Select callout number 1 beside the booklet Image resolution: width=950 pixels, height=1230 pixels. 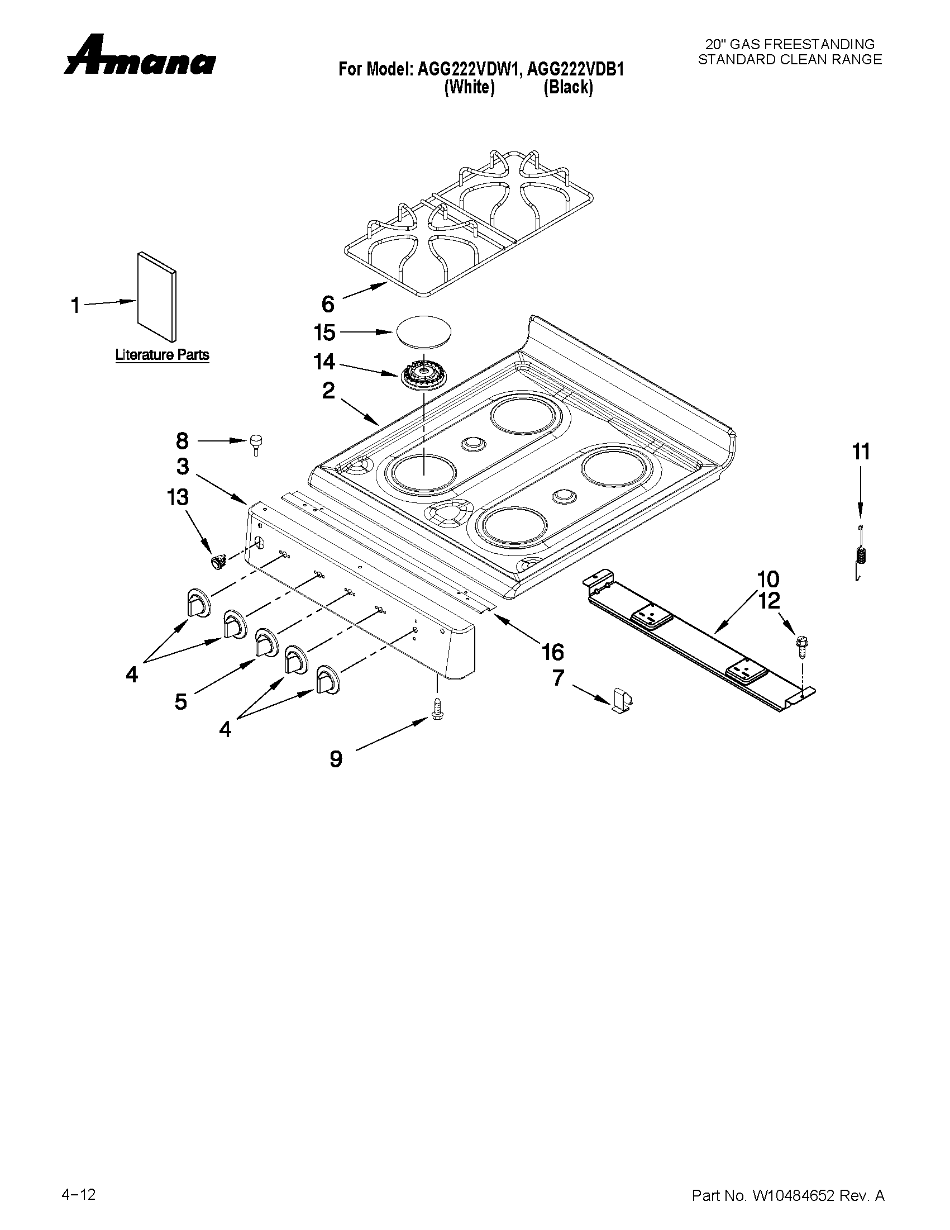pos(75,306)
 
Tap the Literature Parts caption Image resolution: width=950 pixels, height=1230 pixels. pos(162,355)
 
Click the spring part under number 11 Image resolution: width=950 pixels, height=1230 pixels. pos(860,555)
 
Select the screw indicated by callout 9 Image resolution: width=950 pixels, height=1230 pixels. pos(436,707)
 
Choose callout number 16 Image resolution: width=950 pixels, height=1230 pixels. pos(553,652)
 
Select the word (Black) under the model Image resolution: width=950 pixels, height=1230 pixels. pos(568,88)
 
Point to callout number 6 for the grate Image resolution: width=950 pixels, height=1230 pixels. pos(327,304)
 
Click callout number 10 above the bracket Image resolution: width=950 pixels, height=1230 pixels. pos(768,579)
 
